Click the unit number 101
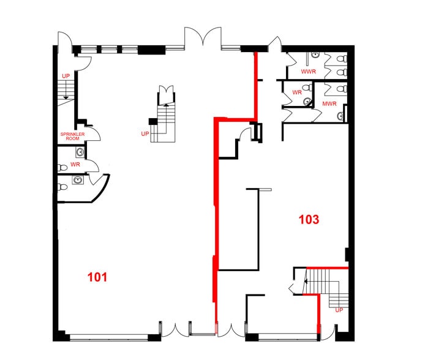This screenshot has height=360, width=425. [97, 277]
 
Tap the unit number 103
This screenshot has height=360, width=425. [309, 219]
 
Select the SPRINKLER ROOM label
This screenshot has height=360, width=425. [72, 137]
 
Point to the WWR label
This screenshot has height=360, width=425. [309, 72]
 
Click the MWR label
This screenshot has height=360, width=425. [329, 103]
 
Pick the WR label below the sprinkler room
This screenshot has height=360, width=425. [75, 165]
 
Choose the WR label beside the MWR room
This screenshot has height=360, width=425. [297, 92]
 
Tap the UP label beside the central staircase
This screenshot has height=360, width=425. [145, 134]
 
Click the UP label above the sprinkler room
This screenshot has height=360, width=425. [66, 76]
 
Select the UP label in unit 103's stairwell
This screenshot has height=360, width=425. [339, 310]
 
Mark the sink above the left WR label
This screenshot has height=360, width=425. [80, 152]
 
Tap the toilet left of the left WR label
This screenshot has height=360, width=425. [62, 168]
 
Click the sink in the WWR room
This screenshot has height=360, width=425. [314, 55]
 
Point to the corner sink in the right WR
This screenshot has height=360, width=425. [307, 102]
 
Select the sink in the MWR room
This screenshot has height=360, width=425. [340, 116]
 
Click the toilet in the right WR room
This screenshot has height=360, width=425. [307, 88]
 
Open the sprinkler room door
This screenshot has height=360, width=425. [94, 133]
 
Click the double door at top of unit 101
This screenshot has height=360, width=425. [203, 37]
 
